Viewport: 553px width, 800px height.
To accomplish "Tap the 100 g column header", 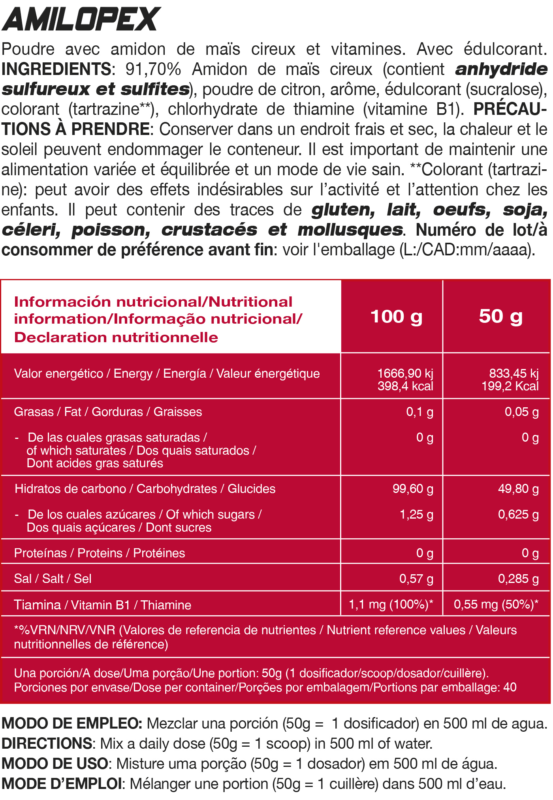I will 396,317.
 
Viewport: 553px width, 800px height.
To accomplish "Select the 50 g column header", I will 500,317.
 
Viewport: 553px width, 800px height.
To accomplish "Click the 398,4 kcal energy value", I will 405,386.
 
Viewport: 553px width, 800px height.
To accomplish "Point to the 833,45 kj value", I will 513,373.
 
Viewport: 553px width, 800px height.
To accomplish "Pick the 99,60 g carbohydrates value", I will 413,489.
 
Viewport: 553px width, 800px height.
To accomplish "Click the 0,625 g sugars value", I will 518,514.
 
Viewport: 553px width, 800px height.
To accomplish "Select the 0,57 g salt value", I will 416,579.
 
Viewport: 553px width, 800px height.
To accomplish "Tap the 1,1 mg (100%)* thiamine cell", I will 391,604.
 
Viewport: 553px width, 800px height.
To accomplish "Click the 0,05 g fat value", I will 521,412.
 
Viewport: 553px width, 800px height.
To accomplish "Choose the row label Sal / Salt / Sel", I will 53,579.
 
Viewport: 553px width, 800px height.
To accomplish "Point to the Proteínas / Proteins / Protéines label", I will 100,553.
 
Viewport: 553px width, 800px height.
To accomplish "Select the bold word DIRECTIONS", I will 47,744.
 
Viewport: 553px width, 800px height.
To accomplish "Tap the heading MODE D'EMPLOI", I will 62,783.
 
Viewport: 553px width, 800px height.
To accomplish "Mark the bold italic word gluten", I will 343,210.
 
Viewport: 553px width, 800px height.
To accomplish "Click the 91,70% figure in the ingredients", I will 153,69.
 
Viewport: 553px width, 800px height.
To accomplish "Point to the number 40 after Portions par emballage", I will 510,687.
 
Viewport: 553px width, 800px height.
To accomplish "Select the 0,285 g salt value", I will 518,579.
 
